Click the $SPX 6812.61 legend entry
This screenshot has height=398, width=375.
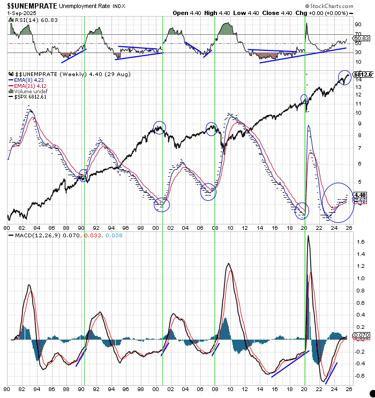33,97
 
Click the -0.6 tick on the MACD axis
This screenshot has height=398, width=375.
360,377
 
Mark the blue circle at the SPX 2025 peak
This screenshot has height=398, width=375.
344,77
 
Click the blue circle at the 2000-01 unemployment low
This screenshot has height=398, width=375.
161,204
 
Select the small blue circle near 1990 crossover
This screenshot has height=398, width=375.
84,175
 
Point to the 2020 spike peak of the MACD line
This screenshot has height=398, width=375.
308,236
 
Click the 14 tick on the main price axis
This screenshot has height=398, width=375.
357,79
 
